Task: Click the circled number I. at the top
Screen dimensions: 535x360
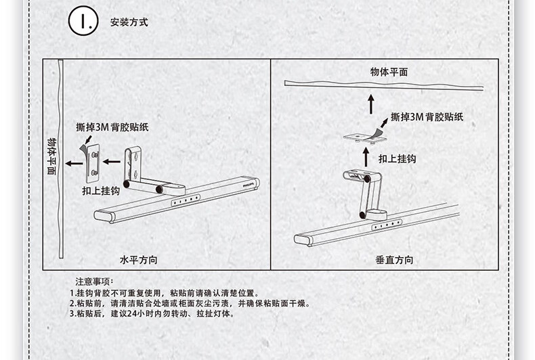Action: pyautogui.click(x=83, y=21)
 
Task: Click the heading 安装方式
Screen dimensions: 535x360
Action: pyautogui.click(x=129, y=22)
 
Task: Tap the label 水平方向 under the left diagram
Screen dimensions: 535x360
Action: pyautogui.click(x=139, y=260)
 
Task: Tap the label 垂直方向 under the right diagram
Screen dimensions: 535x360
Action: pyautogui.click(x=394, y=260)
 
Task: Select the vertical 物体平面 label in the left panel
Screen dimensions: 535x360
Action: pyautogui.click(x=51, y=156)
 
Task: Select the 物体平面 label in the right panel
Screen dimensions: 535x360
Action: pyautogui.click(x=389, y=72)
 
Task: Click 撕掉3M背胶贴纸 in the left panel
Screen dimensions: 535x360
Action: pyautogui.click(x=112, y=127)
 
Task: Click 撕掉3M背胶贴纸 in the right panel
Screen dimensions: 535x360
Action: pyautogui.click(x=427, y=117)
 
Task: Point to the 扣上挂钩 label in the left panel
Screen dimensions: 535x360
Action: pyautogui.click(x=101, y=191)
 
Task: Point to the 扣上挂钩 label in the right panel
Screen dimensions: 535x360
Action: pyautogui.click(x=398, y=159)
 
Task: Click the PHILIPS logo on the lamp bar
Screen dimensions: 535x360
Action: pyautogui.click(x=249, y=184)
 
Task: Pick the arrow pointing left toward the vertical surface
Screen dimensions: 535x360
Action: pyautogui.click(x=74, y=164)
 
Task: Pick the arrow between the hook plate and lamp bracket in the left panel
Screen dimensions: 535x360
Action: pyautogui.click(x=112, y=162)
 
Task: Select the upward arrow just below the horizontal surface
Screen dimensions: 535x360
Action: pyautogui.click(x=371, y=104)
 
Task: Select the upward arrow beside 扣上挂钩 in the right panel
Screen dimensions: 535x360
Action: pyautogui.click(x=366, y=157)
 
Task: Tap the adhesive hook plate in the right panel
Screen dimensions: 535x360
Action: pyautogui.click(x=366, y=138)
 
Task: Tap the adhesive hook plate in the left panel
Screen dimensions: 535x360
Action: pyautogui.click(x=91, y=162)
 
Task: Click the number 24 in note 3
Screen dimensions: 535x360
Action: pyautogui.click(x=131, y=313)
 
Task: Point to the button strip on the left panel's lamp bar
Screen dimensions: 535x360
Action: pyautogui.click(x=186, y=200)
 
